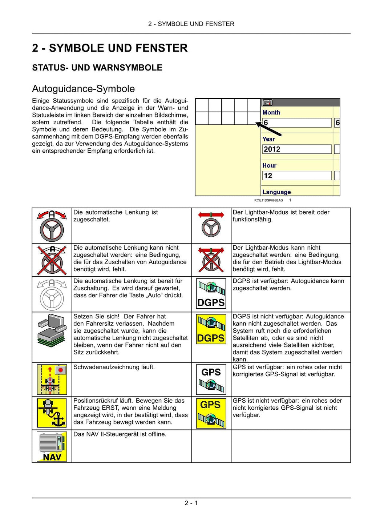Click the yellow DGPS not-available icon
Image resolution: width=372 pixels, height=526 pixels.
coord(211,329)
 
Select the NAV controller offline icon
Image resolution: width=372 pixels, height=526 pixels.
coord(52,446)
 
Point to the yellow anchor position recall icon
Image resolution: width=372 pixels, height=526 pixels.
coord(52,413)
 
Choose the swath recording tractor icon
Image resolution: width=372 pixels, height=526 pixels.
coord(52,380)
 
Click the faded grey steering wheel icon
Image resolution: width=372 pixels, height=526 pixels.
coord(52,294)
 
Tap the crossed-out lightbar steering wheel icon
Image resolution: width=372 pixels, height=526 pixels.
coord(211,260)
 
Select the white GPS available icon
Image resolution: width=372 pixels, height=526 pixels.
coord(211,380)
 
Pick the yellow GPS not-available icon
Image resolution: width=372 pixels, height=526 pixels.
coord(211,413)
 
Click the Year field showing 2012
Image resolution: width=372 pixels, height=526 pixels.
coord(297,149)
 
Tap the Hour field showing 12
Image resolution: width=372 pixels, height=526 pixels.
coord(297,176)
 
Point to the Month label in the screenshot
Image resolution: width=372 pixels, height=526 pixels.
coord(271,113)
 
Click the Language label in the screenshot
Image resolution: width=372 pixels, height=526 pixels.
coord(276,192)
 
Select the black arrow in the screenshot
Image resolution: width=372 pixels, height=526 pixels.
coord(269,129)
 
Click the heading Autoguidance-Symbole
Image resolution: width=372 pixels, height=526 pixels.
coord(83,89)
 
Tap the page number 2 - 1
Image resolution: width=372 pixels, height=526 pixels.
coord(191,503)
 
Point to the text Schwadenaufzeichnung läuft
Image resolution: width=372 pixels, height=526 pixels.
coord(114,367)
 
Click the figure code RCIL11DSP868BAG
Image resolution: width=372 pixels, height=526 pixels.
coord(268,200)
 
